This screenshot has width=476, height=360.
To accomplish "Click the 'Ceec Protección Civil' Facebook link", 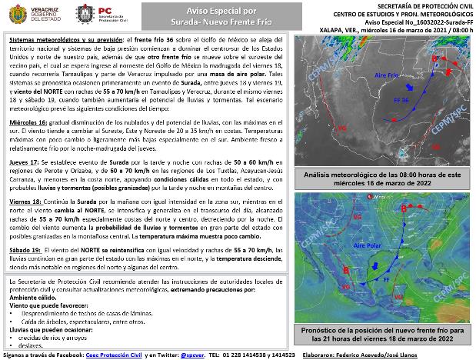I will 102,355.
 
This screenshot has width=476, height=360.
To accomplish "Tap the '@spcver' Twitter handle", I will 192,355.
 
